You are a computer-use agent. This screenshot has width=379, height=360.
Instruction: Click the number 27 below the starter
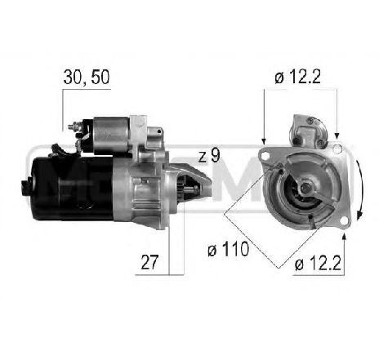tap(149, 263)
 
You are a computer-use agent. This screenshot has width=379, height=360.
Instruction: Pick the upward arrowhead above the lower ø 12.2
tap(346, 238)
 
